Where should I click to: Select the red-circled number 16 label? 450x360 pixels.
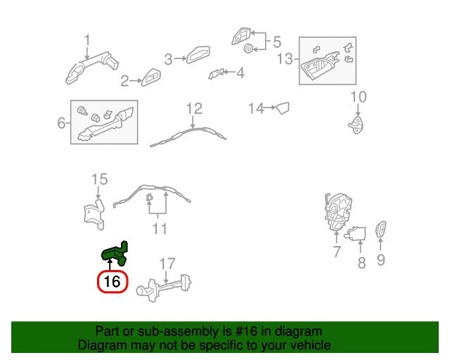coord(112,283)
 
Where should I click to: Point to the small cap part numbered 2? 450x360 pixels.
coord(151,79)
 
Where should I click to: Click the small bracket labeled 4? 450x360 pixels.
coord(218,73)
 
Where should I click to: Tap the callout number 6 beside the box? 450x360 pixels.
coord(61,123)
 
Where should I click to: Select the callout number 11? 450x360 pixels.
coord(160,229)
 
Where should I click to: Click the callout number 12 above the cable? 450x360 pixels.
coord(194,108)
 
